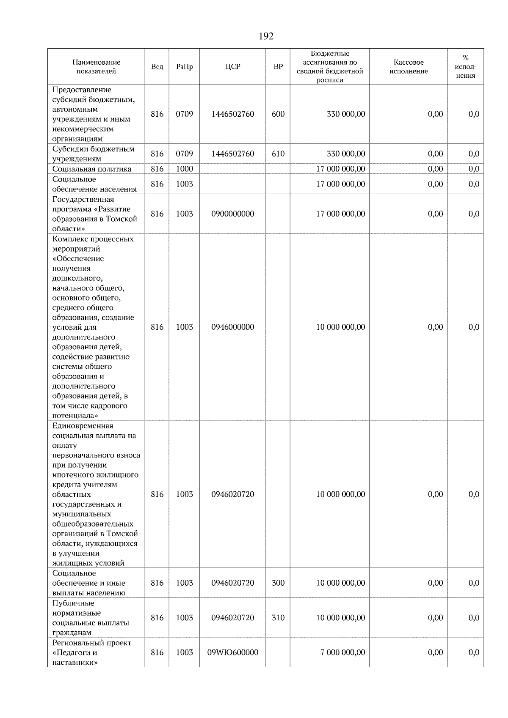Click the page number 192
(x=266, y=36)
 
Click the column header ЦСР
(x=232, y=67)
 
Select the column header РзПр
(x=184, y=67)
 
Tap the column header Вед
(x=157, y=67)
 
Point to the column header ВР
(x=278, y=67)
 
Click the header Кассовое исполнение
(x=409, y=67)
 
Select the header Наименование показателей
(x=96, y=67)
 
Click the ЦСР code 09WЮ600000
(x=232, y=652)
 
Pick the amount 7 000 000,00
(x=342, y=652)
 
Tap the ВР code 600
(x=278, y=114)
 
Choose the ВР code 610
(x=278, y=154)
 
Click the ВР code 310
(x=278, y=618)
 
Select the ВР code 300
(x=278, y=583)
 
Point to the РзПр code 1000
(x=184, y=169)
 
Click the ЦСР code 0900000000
(x=232, y=214)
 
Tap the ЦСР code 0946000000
(x=232, y=327)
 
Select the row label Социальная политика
(x=92, y=169)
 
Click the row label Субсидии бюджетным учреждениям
(x=94, y=154)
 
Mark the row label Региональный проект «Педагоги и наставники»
(x=92, y=652)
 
